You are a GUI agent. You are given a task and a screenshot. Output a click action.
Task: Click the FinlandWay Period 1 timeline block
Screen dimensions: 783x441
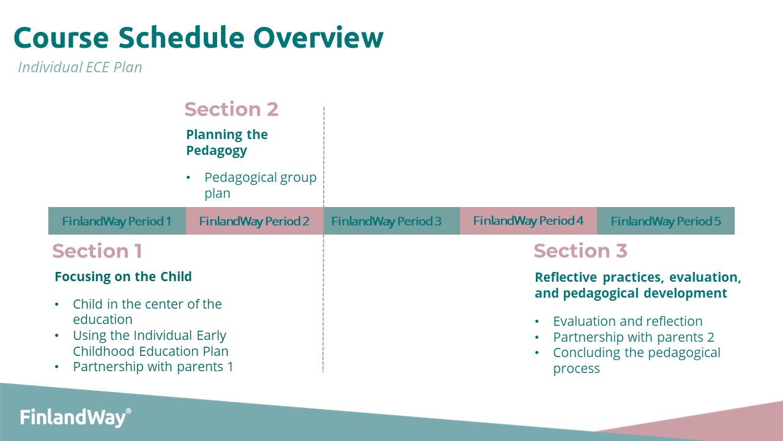tap(117, 221)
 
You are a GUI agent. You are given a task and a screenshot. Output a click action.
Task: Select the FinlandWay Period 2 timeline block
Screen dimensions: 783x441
tap(254, 221)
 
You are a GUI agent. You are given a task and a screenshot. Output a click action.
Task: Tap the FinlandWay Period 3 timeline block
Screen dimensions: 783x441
tap(391, 221)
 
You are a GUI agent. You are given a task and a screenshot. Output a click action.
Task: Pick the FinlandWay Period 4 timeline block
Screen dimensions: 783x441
tap(529, 221)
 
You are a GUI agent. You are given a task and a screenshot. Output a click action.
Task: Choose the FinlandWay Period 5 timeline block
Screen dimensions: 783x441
tap(666, 221)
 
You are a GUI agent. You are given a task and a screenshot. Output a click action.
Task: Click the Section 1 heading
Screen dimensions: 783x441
tap(97, 251)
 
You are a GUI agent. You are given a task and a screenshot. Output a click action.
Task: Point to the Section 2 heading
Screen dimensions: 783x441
tap(231, 109)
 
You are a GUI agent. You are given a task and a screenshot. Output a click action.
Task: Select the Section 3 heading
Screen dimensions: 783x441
tap(581, 251)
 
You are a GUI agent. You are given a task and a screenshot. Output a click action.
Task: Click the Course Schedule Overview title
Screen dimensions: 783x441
tap(199, 38)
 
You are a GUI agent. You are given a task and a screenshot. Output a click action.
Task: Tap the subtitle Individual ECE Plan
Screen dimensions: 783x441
tap(80, 67)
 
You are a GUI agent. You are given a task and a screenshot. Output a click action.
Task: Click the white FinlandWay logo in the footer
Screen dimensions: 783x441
tap(75, 417)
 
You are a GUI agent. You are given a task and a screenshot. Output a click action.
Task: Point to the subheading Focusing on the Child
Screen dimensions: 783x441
tap(123, 276)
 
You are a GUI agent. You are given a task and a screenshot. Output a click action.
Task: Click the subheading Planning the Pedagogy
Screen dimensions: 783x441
tap(227, 143)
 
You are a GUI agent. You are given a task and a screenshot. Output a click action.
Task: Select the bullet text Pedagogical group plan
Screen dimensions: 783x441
tap(261, 185)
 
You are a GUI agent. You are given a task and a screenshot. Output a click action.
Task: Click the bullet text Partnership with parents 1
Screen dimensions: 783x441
tap(153, 367)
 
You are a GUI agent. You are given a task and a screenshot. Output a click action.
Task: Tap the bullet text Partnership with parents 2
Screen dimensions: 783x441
tap(633, 337)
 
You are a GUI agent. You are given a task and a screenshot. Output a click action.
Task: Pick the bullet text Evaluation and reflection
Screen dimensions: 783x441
tap(628, 322)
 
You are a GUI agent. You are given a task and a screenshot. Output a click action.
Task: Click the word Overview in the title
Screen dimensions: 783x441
tap(319, 38)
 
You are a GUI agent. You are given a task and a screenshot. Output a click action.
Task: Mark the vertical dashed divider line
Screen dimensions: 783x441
tap(324, 239)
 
